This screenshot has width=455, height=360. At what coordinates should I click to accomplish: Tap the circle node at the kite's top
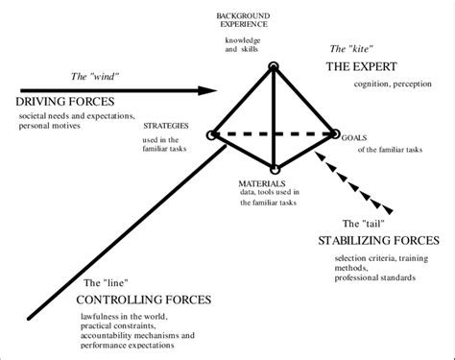pos(274,66)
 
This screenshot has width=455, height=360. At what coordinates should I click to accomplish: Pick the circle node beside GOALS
pos(335,135)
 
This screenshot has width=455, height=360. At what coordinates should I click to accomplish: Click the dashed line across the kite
pos(274,135)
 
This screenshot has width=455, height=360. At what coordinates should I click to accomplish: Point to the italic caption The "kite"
pos(350,48)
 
